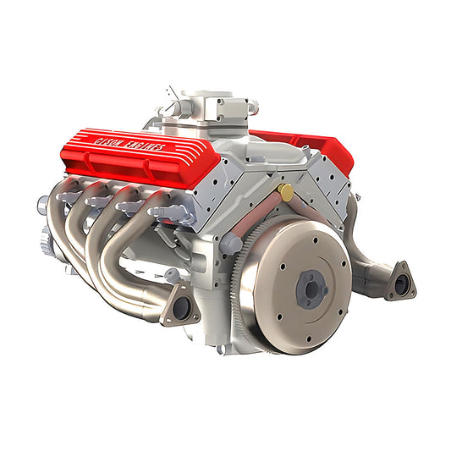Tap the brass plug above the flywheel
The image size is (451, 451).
[287, 193]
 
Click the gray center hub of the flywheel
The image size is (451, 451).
[312, 289]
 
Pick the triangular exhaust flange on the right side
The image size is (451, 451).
[399, 282]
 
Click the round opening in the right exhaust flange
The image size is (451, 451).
[401, 284]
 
